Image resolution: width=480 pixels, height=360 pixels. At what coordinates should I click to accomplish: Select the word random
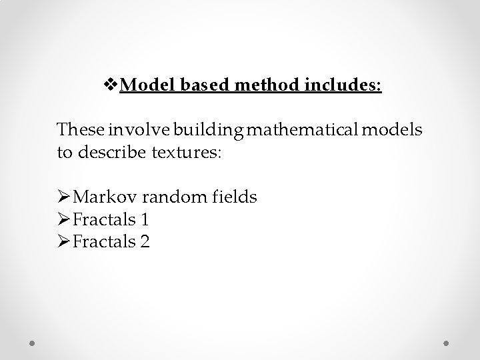click(177, 197)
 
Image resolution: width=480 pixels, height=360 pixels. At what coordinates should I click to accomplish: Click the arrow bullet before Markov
click(64, 197)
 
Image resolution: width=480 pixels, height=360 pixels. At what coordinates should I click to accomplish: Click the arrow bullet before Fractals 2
click(64, 242)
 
